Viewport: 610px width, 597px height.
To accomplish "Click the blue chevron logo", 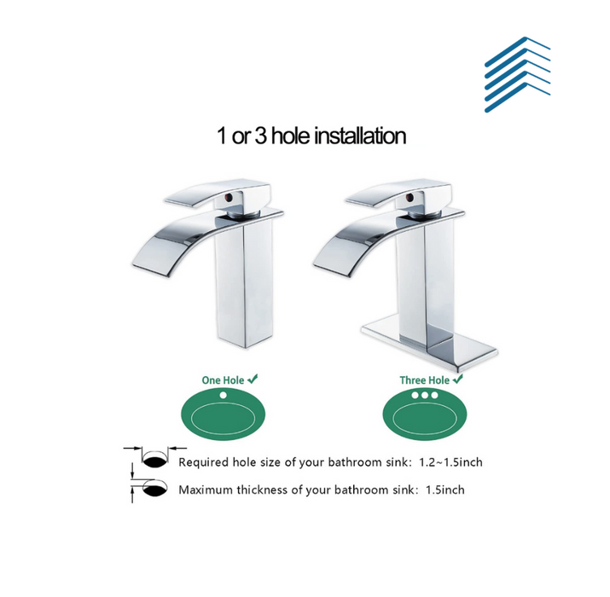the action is pos(517,74).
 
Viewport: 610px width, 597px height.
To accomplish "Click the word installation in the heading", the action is pos(360,136).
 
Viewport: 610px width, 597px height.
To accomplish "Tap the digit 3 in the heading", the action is pos(260,136).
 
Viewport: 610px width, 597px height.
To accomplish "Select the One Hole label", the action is pos(223,380).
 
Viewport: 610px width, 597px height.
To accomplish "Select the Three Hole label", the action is pos(424,380).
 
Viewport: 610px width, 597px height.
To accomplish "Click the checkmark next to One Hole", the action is pos(253,379).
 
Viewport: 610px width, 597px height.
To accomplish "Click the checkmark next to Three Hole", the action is pos(458,379).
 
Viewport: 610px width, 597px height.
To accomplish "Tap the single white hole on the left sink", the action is pos(223,395).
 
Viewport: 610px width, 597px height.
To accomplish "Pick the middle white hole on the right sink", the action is pos(425,395).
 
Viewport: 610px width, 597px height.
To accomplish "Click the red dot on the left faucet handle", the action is pos(229,199).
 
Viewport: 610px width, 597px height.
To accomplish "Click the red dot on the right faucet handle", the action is pos(410,199).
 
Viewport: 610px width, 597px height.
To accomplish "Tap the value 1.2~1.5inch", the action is pos(450,462).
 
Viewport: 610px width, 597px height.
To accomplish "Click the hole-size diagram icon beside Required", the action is pos(155,457).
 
